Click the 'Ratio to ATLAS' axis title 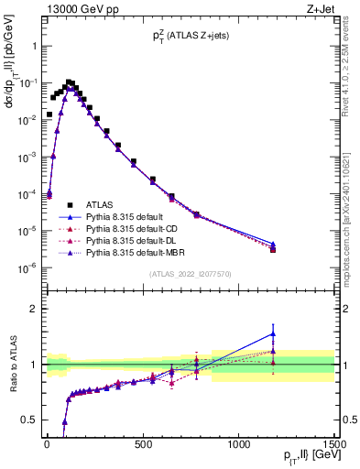click(x=12, y=364)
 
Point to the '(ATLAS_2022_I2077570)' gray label click(x=190, y=274)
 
